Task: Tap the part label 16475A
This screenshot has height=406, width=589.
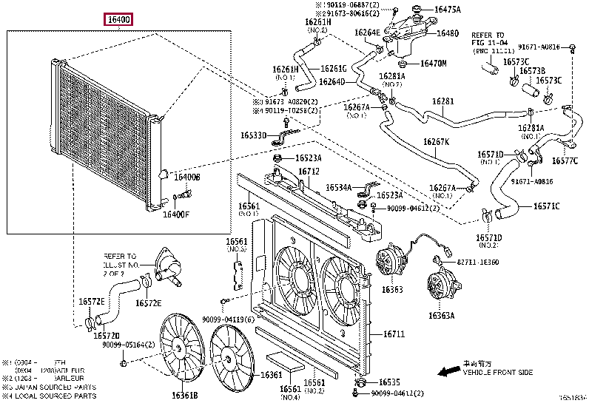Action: pos(448,10)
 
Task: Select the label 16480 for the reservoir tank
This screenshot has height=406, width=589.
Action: pos(447,33)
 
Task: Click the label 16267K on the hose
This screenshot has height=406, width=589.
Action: pos(436,142)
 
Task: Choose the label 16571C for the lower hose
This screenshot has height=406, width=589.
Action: pos(546,206)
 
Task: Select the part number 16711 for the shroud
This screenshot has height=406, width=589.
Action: pos(394,334)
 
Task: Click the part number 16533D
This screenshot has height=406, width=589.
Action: pos(254,136)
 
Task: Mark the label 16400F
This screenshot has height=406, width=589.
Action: pos(176,214)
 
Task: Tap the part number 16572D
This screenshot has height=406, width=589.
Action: pos(107,335)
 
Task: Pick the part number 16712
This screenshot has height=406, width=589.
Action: pos(309,172)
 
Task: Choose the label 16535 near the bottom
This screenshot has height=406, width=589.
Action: pos(389,382)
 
